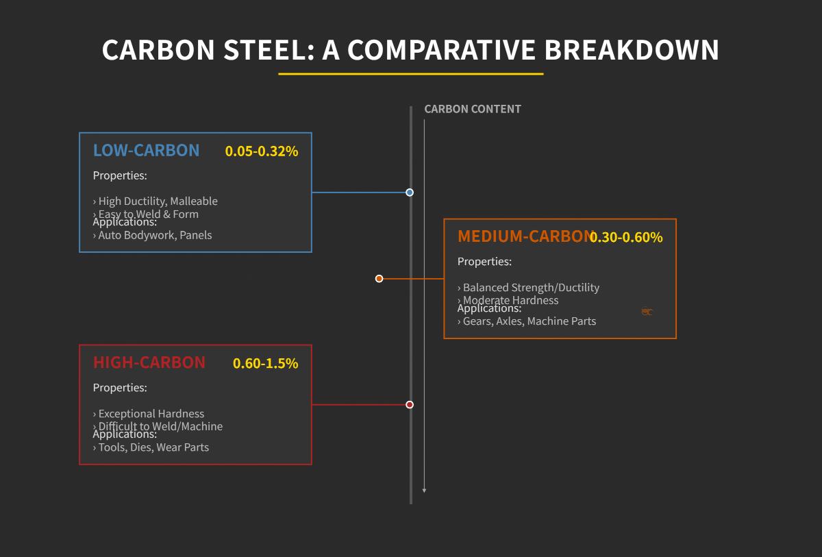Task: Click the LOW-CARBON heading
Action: pyautogui.click(x=146, y=150)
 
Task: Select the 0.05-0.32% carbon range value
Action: pyautogui.click(x=262, y=151)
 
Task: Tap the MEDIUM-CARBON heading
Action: pyautogui.click(x=524, y=236)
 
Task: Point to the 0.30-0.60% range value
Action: pyautogui.click(x=626, y=238)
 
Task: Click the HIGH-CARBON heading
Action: pyautogui.click(x=149, y=362)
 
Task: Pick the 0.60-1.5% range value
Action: pyautogui.click(x=265, y=364)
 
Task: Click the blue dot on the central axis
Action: pyautogui.click(x=410, y=193)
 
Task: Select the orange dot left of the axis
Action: pyautogui.click(x=379, y=279)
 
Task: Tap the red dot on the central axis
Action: pyautogui.click(x=410, y=405)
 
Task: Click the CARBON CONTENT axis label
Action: pyautogui.click(x=473, y=109)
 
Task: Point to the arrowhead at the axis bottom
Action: pyautogui.click(x=424, y=491)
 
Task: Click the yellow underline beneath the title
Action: pyautogui.click(x=410, y=74)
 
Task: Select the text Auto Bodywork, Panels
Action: pyautogui.click(x=153, y=235)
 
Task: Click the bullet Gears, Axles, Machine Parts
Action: pyautogui.click(x=527, y=321)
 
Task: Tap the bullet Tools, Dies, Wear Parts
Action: pyautogui.click(x=151, y=447)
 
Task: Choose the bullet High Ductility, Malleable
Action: pyautogui.click(x=155, y=201)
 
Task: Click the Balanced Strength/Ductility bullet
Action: pyautogui.click(x=528, y=288)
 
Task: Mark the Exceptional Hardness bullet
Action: pyautogui.click(x=149, y=414)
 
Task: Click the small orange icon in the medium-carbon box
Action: pyautogui.click(x=647, y=312)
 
